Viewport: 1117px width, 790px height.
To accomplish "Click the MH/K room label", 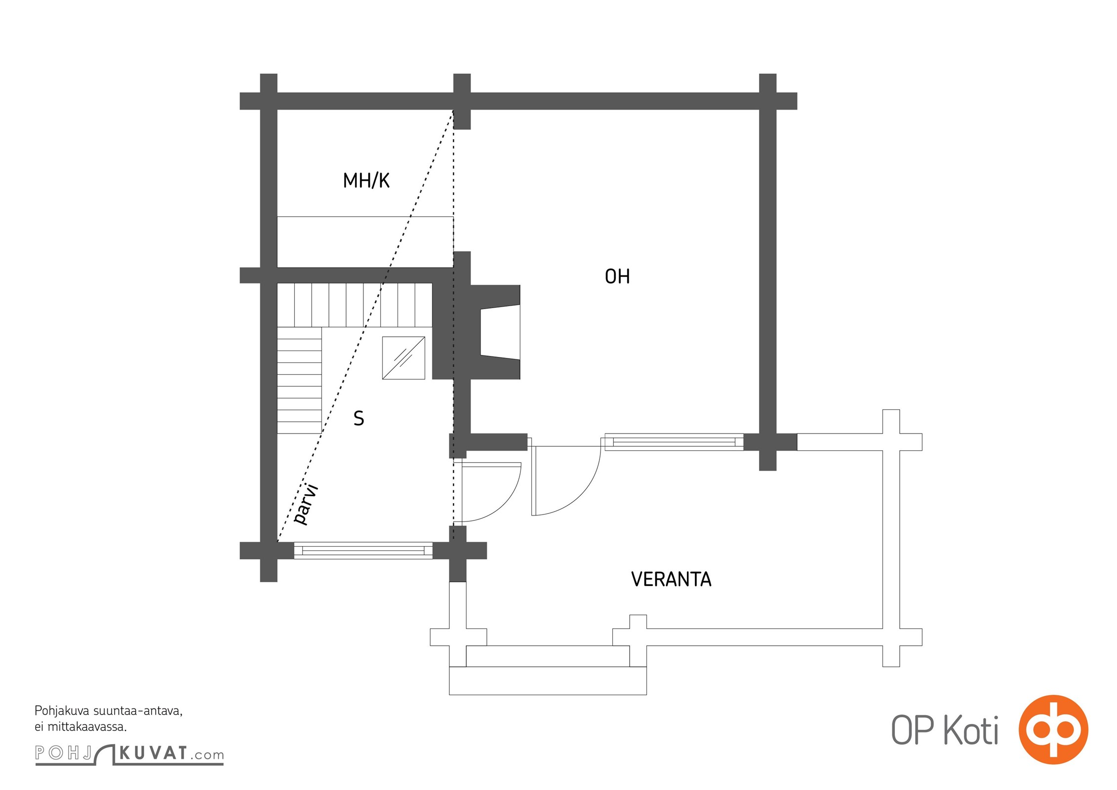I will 366,181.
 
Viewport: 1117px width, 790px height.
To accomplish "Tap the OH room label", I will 617,276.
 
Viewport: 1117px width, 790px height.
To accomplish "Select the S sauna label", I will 359,419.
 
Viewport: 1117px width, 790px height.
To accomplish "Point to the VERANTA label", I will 671,579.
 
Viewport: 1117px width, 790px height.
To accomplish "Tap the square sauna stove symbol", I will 403,358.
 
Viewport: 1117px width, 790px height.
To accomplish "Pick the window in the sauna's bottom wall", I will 363,550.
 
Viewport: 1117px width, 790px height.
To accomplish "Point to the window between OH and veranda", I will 674,442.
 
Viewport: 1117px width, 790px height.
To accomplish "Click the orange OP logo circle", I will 1053,729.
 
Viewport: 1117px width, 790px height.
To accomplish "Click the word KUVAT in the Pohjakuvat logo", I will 153,753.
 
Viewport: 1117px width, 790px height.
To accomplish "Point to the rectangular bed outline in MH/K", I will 365,242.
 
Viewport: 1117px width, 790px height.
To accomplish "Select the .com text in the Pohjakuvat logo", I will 207,755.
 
